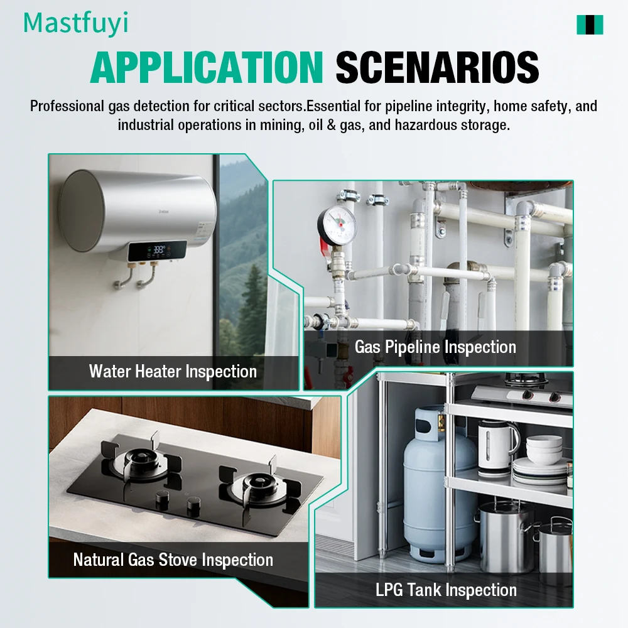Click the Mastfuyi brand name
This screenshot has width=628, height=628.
[75, 23]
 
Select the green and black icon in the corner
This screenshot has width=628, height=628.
[590, 24]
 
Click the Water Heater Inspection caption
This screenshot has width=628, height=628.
[173, 371]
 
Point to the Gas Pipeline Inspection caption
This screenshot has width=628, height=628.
[435, 347]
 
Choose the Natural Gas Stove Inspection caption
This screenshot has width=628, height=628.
[173, 560]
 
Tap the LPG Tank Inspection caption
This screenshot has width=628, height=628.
[446, 590]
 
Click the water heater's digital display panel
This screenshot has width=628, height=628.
[157, 251]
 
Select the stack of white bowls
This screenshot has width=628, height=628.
[544, 449]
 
